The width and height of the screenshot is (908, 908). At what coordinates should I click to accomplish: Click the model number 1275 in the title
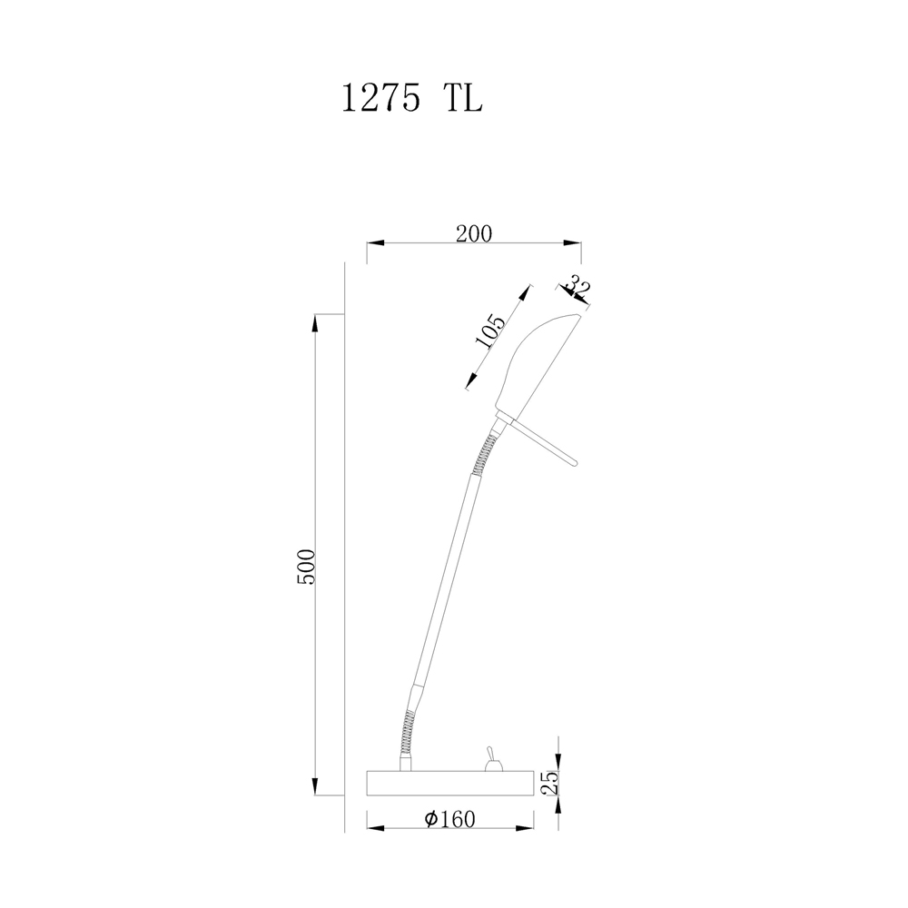click(380, 98)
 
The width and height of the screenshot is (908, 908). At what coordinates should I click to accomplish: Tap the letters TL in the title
click(463, 98)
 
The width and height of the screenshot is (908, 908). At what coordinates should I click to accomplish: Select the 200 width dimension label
click(474, 233)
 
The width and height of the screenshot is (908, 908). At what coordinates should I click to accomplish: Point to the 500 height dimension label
click(305, 567)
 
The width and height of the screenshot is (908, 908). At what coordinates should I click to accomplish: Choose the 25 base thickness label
click(551, 783)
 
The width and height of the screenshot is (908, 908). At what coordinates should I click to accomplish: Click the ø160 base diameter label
click(450, 819)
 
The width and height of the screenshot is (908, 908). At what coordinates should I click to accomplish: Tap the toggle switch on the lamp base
click(493, 760)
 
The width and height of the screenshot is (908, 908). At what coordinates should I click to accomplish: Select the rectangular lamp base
click(450, 783)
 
